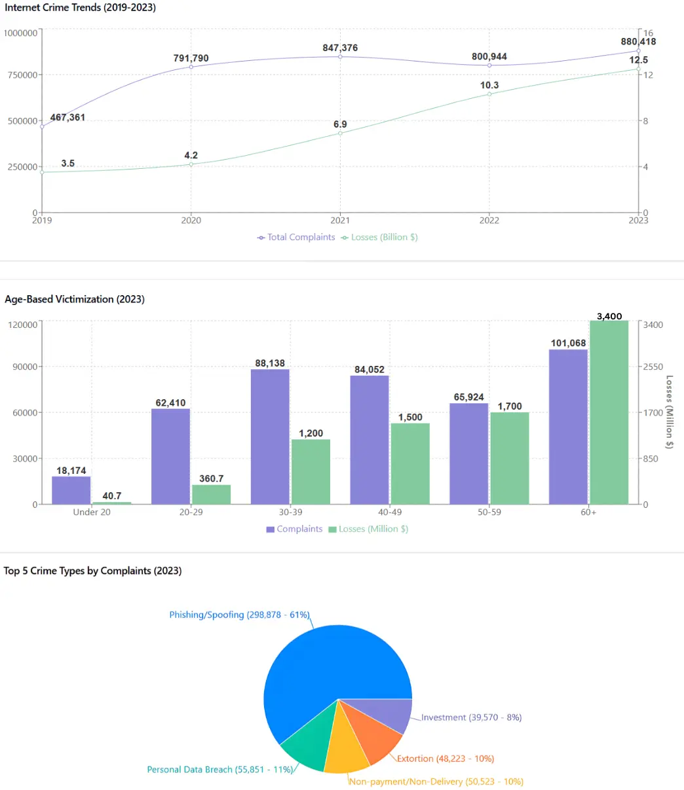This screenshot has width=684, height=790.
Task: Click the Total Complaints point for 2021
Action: point(340,57)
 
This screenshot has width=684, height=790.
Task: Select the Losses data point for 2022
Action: point(489,94)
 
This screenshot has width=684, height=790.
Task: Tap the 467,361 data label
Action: point(67,118)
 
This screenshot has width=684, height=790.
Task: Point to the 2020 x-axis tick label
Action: point(191,221)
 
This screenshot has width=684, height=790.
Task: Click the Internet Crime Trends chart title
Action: point(81,8)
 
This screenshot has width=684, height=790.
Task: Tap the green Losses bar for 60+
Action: point(609,412)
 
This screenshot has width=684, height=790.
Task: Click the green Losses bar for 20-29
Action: point(211,494)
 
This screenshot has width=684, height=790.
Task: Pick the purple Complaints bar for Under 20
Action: point(71,490)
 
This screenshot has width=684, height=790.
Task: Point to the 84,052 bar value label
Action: point(370,370)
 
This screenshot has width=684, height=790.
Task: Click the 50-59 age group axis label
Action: point(489,512)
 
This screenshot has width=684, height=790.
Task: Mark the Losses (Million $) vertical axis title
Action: point(669,412)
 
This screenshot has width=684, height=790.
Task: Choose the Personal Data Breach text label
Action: point(219,770)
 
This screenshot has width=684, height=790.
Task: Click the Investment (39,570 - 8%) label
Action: point(471,717)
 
